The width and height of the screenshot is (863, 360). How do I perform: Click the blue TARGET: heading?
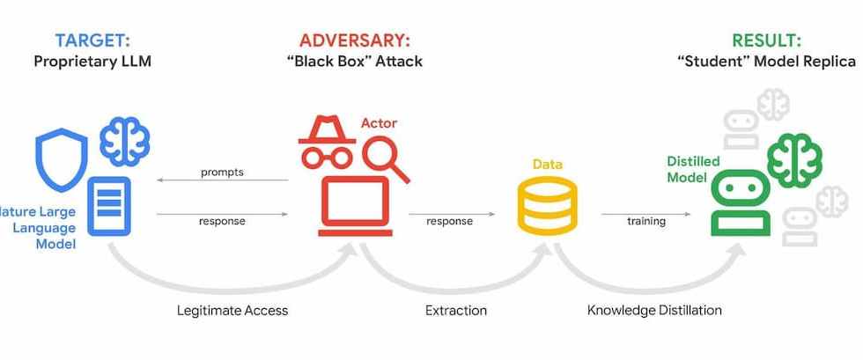(93, 40)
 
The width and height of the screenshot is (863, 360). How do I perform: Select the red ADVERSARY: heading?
(355, 40)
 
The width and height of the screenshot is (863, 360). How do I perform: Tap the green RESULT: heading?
(766, 40)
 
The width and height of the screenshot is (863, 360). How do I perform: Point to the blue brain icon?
(124, 142)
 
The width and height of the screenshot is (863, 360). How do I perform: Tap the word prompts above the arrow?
(222, 172)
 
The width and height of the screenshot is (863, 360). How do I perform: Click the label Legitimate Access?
(232, 310)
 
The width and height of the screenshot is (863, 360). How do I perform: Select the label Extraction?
(455, 310)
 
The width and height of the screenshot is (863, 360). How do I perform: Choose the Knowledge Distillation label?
(654, 310)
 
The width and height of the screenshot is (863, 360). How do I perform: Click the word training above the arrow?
(645, 221)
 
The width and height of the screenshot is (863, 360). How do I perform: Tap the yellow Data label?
(547, 165)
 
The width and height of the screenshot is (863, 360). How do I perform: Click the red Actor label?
(379, 123)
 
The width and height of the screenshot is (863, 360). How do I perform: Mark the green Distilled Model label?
(692, 169)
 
